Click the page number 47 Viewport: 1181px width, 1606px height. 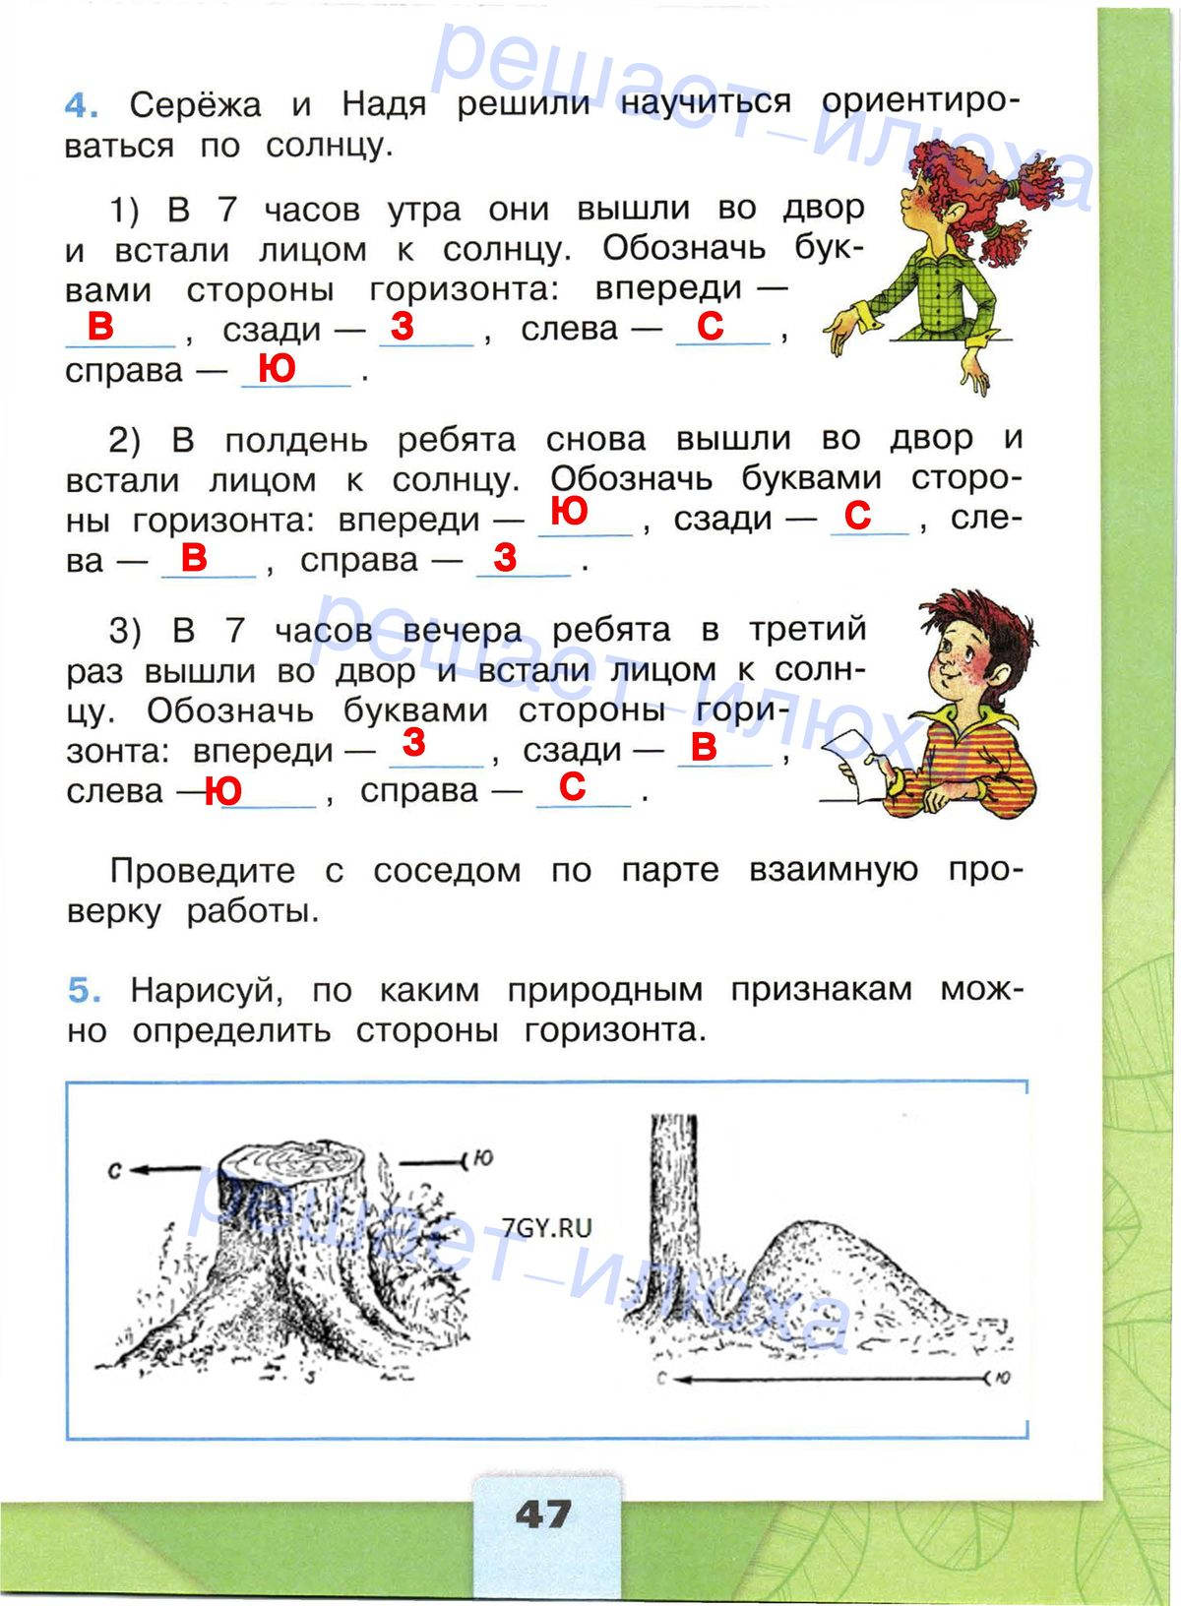point(543,1513)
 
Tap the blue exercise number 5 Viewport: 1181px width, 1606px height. point(84,990)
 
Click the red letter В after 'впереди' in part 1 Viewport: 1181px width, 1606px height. point(100,326)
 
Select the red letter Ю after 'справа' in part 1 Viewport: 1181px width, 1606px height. point(277,368)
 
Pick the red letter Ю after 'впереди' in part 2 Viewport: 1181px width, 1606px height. point(570,512)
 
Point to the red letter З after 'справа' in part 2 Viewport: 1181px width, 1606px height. point(505,557)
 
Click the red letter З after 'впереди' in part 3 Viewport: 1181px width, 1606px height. point(414,742)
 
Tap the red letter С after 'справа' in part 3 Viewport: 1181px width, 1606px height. point(572,786)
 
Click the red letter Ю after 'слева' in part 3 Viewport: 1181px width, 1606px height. point(223,790)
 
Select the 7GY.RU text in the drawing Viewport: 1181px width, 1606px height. point(547,1227)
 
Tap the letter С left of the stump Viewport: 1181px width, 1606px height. point(115,1170)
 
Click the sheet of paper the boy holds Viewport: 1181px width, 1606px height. point(854,758)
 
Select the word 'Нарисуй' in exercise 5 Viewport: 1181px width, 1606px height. point(207,990)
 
